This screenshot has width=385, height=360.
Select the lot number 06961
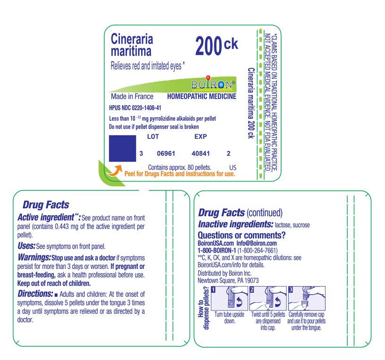(166, 154)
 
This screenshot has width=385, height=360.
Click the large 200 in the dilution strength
(208, 46)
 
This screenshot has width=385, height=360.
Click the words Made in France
(132, 97)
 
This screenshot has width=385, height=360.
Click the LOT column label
(153, 137)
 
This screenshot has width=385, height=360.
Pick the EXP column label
(201, 137)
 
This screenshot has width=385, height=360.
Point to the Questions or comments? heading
(242, 235)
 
